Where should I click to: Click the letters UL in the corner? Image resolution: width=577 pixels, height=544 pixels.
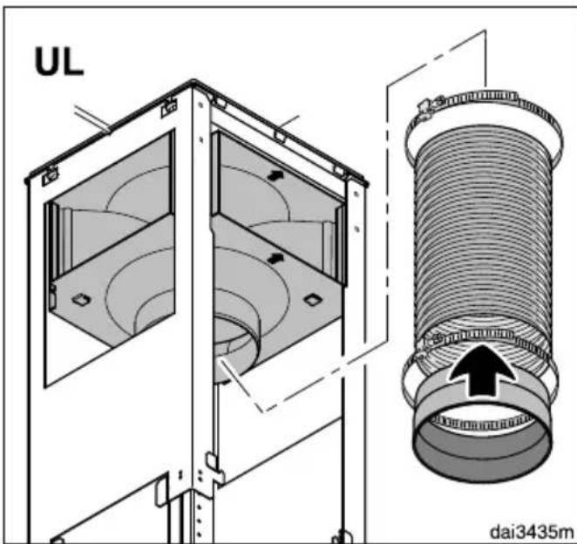click(x=59, y=62)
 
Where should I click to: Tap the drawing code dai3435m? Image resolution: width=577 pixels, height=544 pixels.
click(x=532, y=531)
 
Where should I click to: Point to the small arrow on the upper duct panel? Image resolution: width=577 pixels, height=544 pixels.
click(x=273, y=175)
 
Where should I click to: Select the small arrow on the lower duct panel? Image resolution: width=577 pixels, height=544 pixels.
click(x=275, y=258)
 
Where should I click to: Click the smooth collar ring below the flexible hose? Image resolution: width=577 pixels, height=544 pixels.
click(x=482, y=429)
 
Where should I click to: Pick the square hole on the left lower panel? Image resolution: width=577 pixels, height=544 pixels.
click(x=81, y=300)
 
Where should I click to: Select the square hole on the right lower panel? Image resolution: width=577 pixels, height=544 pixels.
click(x=313, y=300)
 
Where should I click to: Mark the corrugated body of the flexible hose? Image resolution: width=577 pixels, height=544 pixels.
click(x=483, y=228)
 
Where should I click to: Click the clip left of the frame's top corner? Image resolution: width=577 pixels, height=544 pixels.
click(x=169, y=107)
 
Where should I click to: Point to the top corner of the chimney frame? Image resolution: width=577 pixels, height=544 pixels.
click(x=193, y=82)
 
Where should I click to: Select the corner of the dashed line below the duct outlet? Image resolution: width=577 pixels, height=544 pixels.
click(x=262, y=411)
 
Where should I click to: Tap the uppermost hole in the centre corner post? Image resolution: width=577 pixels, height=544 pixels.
click(x=200, y=105)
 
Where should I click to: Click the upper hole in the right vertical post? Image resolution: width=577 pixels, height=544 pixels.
click(x=356, y=193)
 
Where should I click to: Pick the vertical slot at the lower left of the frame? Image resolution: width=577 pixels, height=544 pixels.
click(x=160, y=492)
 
